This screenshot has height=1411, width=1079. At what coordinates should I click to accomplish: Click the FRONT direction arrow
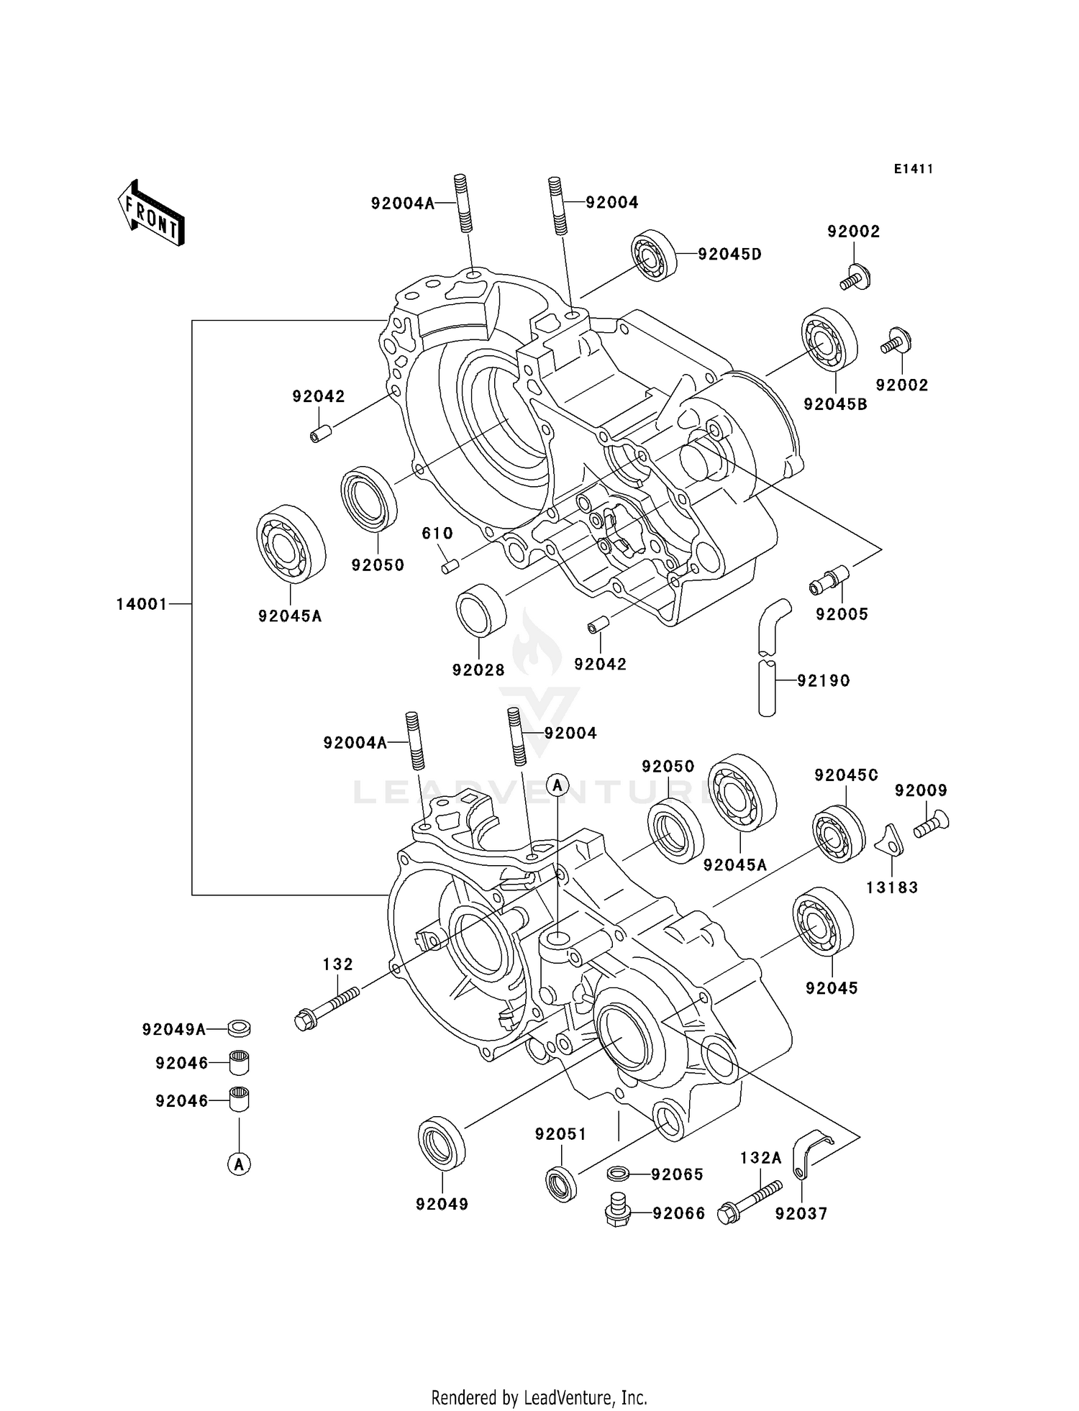click(152, 214)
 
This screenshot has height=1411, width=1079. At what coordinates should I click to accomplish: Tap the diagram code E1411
click(914, 169)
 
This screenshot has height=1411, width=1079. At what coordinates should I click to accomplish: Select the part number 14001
click(142, 604)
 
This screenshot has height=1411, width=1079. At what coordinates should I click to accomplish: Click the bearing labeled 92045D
click(655, 256)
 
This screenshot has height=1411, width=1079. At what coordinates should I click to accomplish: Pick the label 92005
click(842, 614)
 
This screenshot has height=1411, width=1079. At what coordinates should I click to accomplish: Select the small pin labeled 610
click(451, 567)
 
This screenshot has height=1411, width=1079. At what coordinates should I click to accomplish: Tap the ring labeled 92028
click(481, 611)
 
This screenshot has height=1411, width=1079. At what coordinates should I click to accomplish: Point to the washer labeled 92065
click(618, 1174)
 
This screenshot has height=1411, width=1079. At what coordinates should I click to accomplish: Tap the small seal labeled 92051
click(561, 1184)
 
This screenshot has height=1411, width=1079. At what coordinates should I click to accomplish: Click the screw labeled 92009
click(932, 824)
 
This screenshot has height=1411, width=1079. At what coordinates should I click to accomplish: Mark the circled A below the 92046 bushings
click(240, 1163)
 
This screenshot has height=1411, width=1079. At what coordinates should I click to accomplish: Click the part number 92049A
click(174, 1030)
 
